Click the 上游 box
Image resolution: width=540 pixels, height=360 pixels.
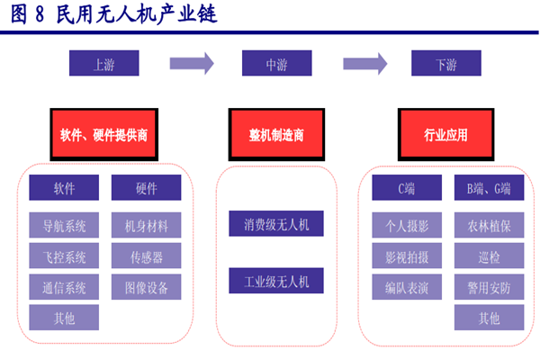[104, 64]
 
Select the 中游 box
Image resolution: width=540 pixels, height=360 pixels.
[276, 64]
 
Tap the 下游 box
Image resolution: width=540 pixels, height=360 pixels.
[445, 64]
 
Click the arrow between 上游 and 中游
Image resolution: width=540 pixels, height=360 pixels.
[191, 64]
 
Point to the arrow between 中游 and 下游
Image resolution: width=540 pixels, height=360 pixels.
[363, 64]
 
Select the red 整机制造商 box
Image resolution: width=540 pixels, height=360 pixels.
[276, 135]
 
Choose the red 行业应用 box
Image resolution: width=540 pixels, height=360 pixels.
[445, 135]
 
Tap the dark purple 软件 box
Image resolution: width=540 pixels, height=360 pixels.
[64, 188]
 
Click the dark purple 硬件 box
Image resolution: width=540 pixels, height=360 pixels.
[146, 188]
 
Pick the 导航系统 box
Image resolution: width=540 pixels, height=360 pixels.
[64, 224]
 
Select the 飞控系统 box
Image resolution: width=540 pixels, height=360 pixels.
[64, 256]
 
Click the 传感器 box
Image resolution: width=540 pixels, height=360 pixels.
[146, 256]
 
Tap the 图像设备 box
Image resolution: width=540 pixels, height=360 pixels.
[146, 288]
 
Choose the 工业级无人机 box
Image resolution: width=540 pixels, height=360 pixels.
[276, 281]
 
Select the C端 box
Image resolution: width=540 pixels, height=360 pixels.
[407, 188]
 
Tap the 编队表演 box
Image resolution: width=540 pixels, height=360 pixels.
[407, 288]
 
